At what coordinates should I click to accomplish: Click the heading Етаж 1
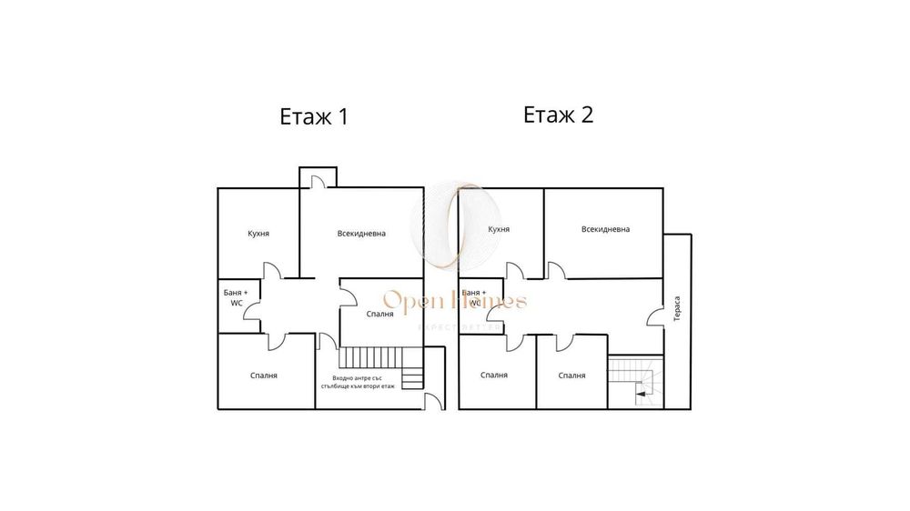point(313,117)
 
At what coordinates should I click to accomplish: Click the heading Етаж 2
point(558,115)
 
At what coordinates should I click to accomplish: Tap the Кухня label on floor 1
point(258,234)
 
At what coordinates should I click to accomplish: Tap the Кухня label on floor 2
point(498,230)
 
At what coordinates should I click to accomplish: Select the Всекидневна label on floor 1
point(361,234)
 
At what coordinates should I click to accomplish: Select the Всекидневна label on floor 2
point(605,229)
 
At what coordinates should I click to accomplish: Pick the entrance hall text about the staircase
point(363,381)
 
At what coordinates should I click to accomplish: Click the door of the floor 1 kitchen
point(271,271)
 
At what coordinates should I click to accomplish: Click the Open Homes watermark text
point(454,301)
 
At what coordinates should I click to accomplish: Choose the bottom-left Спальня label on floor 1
point(264,375)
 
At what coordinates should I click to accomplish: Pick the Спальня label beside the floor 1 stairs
point(379,314)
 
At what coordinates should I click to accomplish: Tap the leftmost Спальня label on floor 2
point(494,375)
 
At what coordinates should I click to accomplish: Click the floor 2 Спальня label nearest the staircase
point(571,375)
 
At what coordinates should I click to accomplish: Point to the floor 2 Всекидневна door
point(554,269)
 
